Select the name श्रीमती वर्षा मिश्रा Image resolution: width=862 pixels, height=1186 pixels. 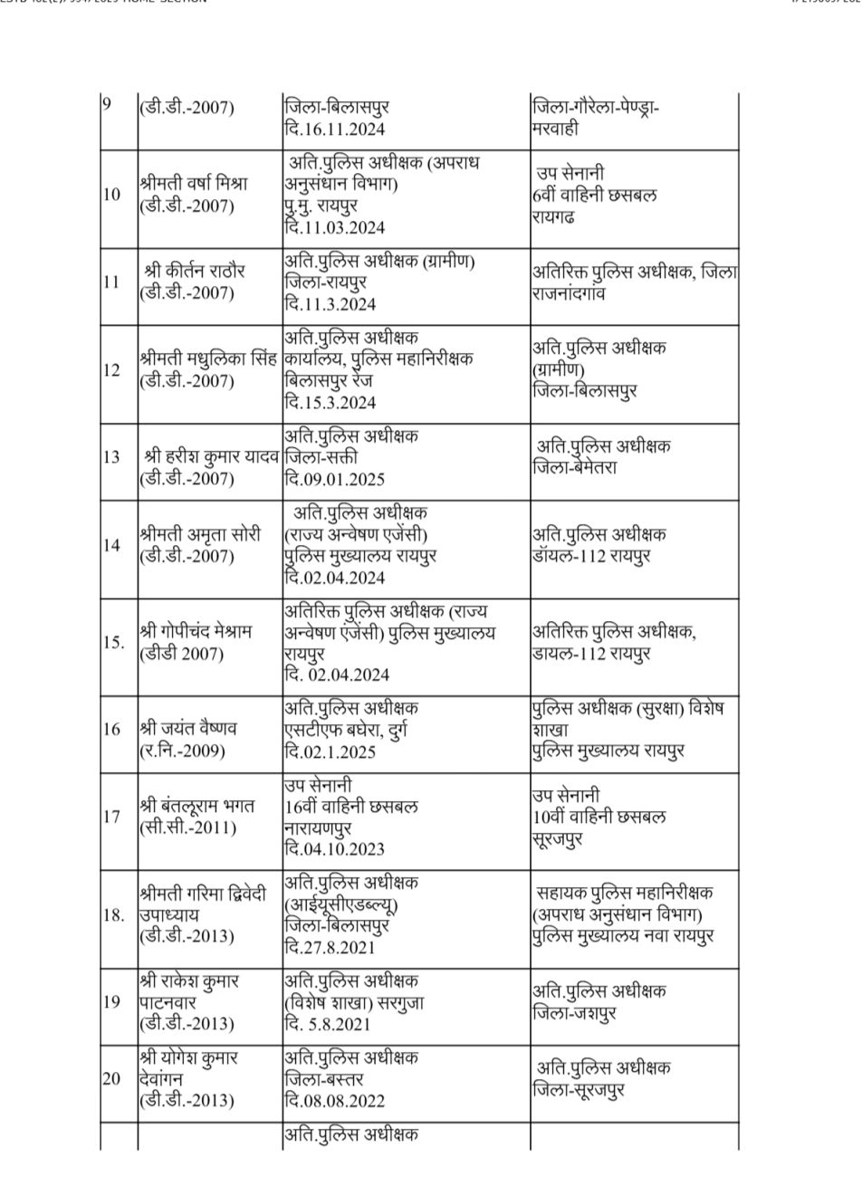193,183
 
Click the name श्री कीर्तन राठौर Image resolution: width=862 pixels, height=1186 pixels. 194,271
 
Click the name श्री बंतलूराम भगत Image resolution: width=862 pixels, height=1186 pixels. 197,805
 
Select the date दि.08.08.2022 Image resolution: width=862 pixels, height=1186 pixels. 333,1101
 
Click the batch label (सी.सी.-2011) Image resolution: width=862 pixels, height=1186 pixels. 187,827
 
